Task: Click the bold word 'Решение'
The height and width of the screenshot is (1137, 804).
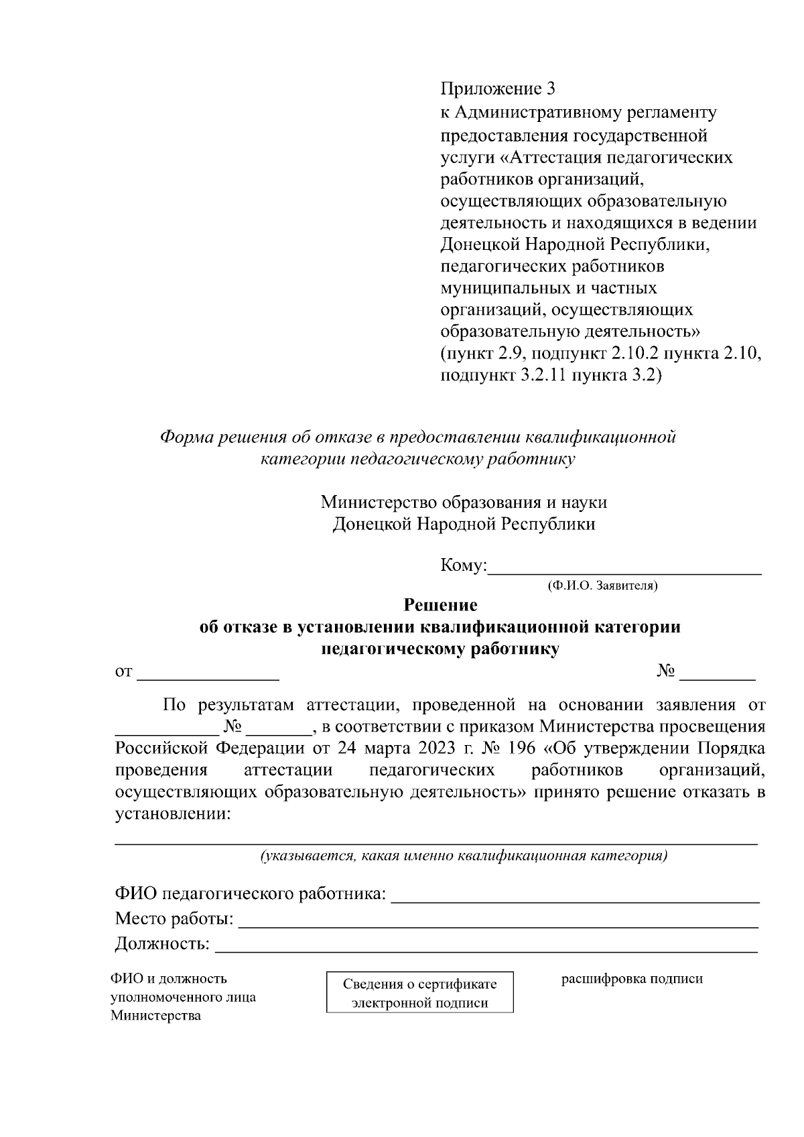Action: tap(440, 605)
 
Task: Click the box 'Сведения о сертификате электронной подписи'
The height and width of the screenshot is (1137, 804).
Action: tap(419, 992)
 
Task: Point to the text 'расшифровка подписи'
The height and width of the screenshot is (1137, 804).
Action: tap(632, 979)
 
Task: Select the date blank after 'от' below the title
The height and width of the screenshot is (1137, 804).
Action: tap(208, 673)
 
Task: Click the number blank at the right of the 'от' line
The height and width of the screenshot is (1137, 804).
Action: tap(718, 673)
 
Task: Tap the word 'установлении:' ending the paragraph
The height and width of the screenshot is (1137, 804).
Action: tap(173, 814)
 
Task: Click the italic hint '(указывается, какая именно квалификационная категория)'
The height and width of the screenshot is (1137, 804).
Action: tap(464, 856)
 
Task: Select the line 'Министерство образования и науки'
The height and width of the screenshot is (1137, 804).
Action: tap(464, 502)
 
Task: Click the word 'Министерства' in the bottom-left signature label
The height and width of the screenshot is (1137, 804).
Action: tap(155, 1016)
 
